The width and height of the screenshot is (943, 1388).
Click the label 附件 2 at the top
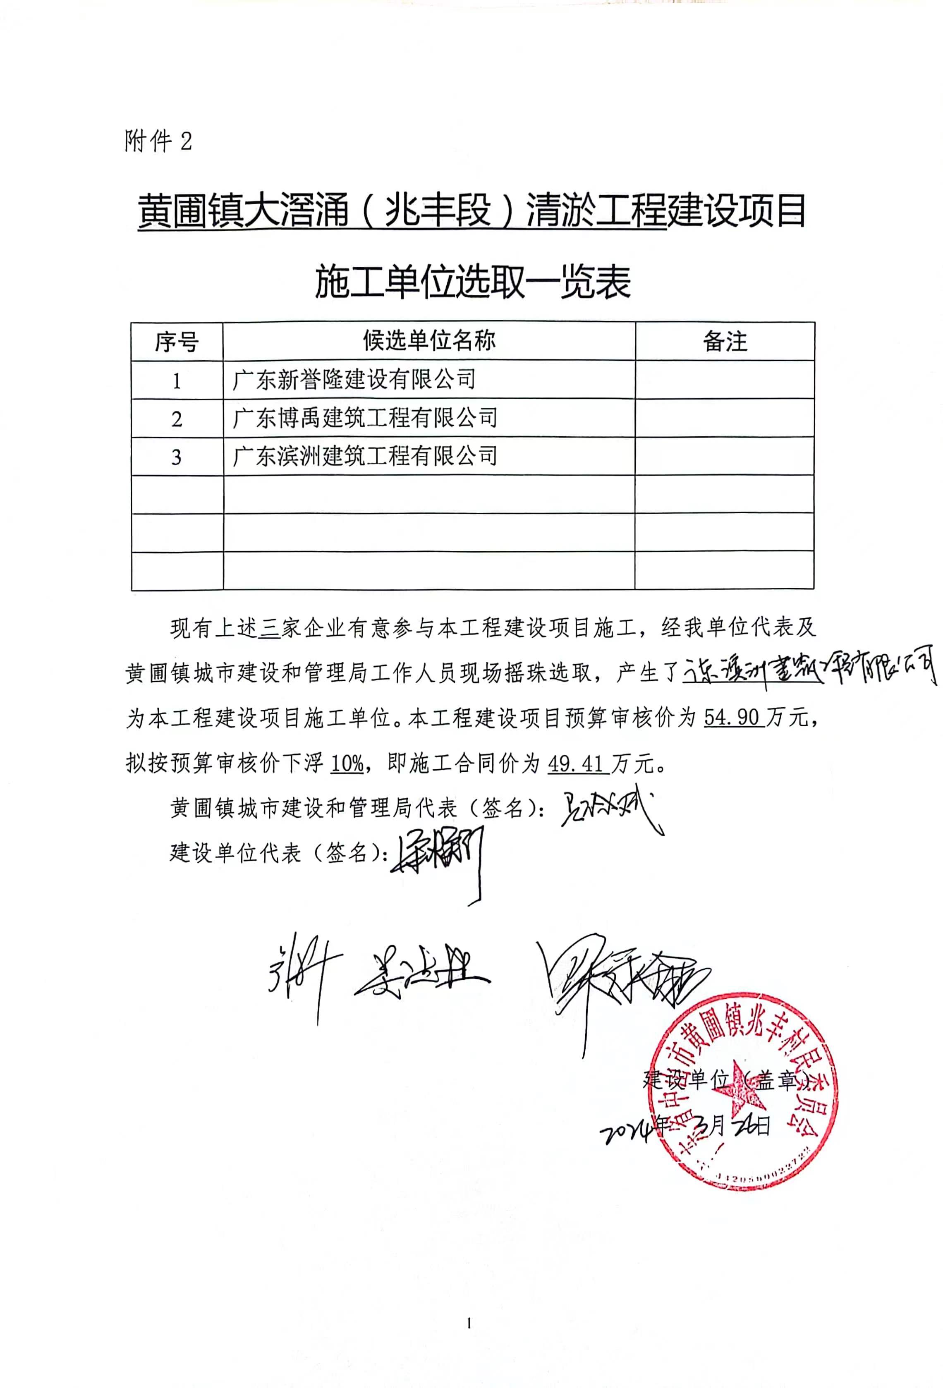(158, 141)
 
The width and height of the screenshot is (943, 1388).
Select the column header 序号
(176, 342)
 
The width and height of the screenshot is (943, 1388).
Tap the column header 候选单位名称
(429, 341)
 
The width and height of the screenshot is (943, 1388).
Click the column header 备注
(725, 342)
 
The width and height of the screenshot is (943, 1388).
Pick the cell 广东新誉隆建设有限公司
(354, 380)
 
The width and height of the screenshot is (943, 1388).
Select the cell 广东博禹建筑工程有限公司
(365, 418)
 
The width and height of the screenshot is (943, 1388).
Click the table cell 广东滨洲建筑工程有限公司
(365, 456)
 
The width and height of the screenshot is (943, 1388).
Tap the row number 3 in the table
(176, 457)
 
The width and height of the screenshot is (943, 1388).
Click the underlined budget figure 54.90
(733, 717)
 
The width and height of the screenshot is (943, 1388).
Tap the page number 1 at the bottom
(469, 1323)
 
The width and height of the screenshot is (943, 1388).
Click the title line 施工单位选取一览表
(472, 282)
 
